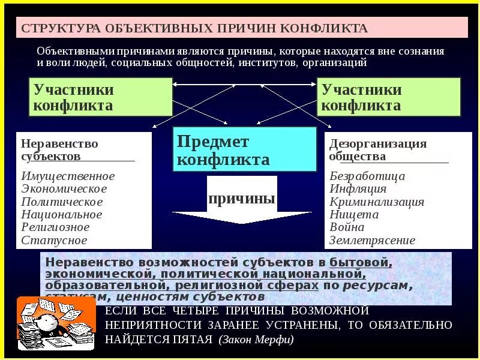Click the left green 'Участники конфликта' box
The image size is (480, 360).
pyautogui.click(x=100, y=97)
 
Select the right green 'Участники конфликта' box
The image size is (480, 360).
pyautogui.click(x=388, y=97)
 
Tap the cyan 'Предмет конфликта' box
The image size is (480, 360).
pyautogui.click(x=244, y=150)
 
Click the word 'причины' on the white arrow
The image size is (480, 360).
pyautogui.click(x=242, y=199)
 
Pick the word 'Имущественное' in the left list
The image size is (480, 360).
pyautogui.click(x=68, y=176)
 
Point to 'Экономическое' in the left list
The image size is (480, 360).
pyautogui.click(x=64, y=189)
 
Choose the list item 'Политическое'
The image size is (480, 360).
pyautogui.click(x=62, y=202)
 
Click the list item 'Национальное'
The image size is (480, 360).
pyautogui.click(x=62, y=214)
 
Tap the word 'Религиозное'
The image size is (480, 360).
pyautogui.click(x=55, y=227)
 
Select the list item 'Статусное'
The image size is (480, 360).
pyautogui.click(x=54, y=240)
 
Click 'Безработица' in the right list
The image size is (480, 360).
pyautogui.click(x=367, y=176)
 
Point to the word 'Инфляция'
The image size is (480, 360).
pyautogui.click(x=358, y=189)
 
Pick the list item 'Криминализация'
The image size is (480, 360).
pyautogui.click(x=377, y=202)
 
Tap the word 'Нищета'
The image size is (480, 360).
pyautogui.click(x=354, y=214)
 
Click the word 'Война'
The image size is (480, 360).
pyautogui.click(x=347, y=227)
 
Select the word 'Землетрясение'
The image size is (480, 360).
pyautogui.click(x=372, y=240)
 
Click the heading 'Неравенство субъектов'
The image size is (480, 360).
pyautogui.click(x=59, y=150)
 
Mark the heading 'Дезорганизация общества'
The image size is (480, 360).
pyautogui.click(x=378, y=150)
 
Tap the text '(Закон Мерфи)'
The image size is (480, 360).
pyautogui.click(x=256, y=340)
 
